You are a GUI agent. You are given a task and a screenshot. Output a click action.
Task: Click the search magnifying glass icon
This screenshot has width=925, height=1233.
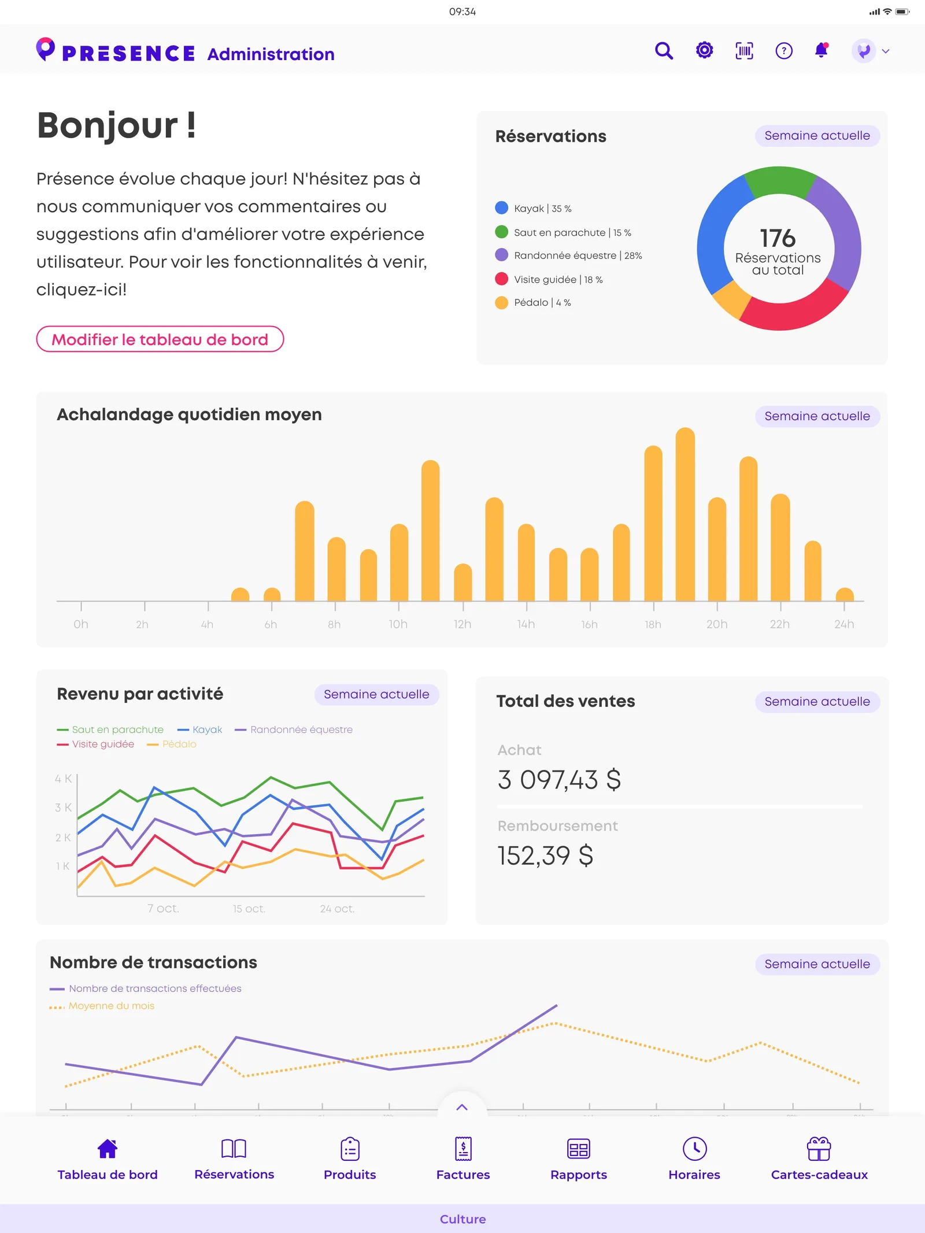click(x=664, y=51)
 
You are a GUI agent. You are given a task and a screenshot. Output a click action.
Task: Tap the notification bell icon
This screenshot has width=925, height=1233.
click(x=822, y=50)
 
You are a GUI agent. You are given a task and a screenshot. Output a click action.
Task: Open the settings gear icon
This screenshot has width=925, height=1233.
click(x=704, y=50)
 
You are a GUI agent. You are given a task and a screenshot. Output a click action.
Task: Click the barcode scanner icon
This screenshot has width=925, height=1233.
click(x=744, y=51)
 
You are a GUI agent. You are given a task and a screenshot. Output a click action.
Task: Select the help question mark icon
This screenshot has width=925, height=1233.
click(x=784, y=51)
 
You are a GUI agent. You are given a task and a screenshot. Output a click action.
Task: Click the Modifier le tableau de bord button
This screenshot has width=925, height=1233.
click(x=160, y=339)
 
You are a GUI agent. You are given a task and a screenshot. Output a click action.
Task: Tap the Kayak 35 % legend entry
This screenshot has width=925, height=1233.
click(x=534, y=208)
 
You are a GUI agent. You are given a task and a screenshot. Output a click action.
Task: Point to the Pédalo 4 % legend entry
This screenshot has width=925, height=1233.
click(x=533, y=302)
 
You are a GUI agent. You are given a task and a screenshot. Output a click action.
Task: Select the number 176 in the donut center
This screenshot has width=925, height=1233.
click(x=778, y=238)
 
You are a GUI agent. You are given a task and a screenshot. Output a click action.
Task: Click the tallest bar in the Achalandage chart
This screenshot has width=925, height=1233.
click(x=685, y=514)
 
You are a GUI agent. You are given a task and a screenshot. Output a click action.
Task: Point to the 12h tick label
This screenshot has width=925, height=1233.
click(x=462, y=624)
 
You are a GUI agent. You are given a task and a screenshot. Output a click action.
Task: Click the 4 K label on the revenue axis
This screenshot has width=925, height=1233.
click(x=63, y=779)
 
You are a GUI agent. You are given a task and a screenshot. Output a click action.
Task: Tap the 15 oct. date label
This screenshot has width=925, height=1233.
click(x=249, y=909)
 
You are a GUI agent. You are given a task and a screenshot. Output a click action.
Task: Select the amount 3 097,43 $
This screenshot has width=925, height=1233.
click(x=559, y=780)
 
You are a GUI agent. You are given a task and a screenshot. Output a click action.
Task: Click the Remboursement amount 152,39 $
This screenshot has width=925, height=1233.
click(x=545, y=856)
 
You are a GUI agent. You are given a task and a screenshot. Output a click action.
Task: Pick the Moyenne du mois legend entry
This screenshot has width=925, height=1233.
click(x=102, y=1006)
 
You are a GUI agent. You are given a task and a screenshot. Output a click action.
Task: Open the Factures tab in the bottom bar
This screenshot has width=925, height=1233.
click(x=463, y=1158)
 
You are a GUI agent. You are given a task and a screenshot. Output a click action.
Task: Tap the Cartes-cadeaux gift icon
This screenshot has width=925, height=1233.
click(x=819, y=1149)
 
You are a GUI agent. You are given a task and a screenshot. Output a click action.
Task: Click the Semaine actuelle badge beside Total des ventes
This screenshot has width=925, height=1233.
click(x=817, y=702)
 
